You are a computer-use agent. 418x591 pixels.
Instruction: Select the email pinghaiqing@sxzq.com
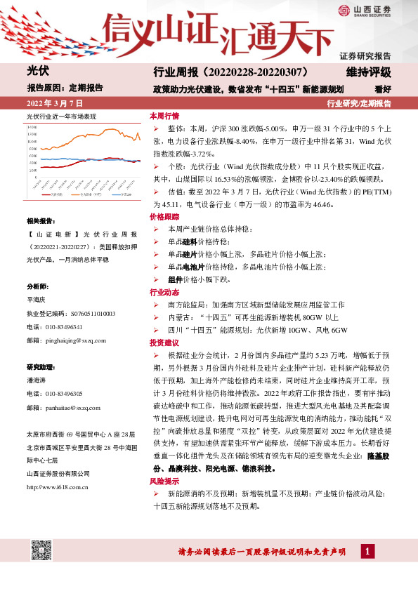point(66,340)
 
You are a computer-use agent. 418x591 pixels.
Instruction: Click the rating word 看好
point(382,88)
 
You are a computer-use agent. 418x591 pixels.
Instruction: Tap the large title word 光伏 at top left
point(37,72)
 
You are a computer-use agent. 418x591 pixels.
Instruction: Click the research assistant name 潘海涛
point(37,380)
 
